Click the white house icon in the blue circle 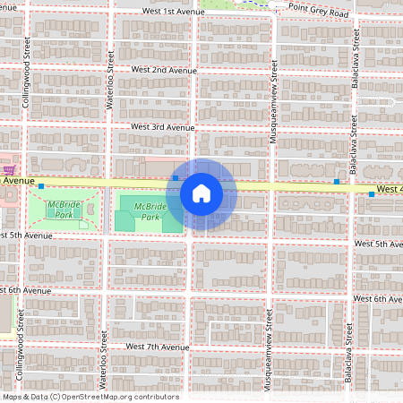click(x=201, y=192)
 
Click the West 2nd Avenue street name click(x=163, y=69)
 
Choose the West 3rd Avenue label click(x=162, y=127)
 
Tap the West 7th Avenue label click(x=158, y=346)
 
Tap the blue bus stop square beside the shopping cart click(x=41, y=184)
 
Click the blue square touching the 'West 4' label click(x=371, y=193)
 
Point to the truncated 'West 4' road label click(x=389, y=189)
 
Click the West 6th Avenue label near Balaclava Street click(x=381, y=298)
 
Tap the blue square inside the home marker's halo click(x=176, y=178)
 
